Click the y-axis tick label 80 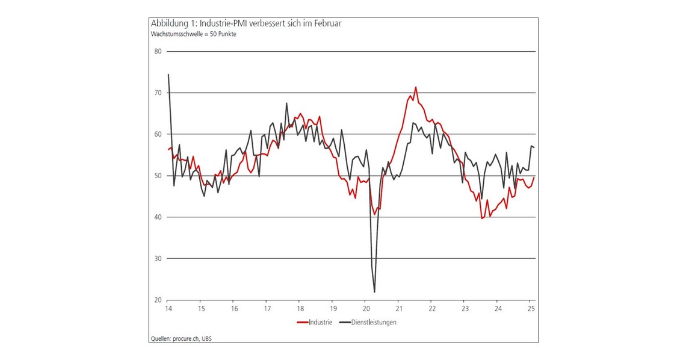point(158,51)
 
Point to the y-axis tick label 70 point(158,93)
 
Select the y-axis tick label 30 point(158,258)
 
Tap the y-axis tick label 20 point(158,300)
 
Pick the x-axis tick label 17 point(267,309)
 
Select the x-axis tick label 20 point(366,309)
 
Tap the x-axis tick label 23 point(464,309)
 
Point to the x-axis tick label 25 point(530,309)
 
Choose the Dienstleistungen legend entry point(374,322)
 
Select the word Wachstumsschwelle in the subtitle point(175,34)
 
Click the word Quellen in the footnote point(160,338)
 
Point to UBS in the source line point(206,338)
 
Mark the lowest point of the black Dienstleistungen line point(374,292)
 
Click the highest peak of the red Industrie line point(415,87)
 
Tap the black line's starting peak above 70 point(168,75)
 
